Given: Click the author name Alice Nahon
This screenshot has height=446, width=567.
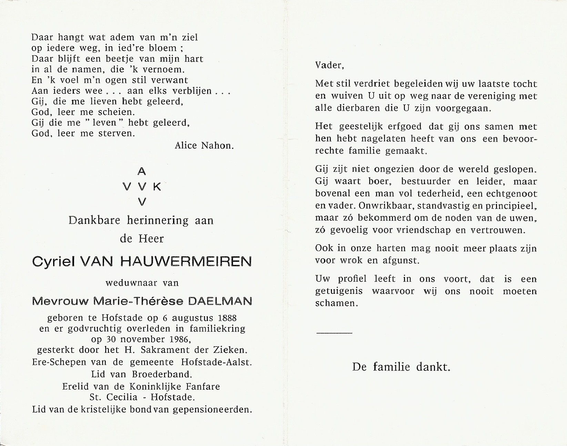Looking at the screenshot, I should tap(204, 146).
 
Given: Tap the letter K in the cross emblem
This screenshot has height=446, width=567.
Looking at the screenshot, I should tap(157, 187).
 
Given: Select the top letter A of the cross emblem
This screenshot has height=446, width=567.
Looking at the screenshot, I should tap(142, 171).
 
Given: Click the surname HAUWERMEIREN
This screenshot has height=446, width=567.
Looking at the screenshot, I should tap(186, 262).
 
